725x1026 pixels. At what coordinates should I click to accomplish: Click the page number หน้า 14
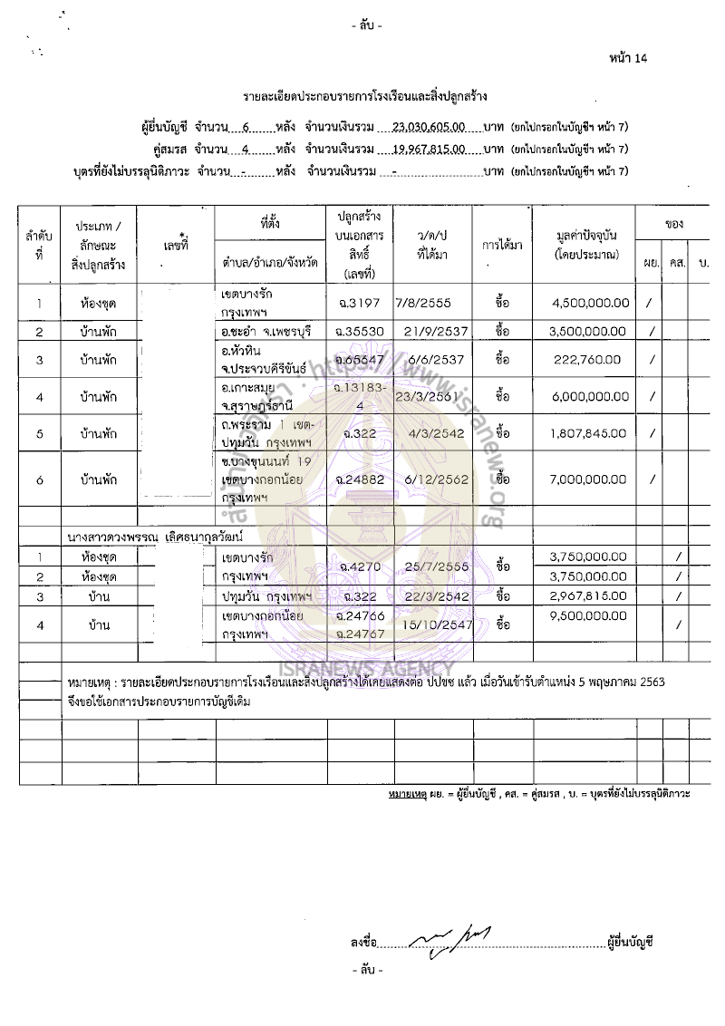629,59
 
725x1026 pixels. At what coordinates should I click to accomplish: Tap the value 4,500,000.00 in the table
589,303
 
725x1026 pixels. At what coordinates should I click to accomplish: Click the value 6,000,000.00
589,396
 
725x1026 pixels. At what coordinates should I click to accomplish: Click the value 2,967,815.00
589,595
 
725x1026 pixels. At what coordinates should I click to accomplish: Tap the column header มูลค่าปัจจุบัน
583,239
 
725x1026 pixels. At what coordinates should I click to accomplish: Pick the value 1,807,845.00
589,433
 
